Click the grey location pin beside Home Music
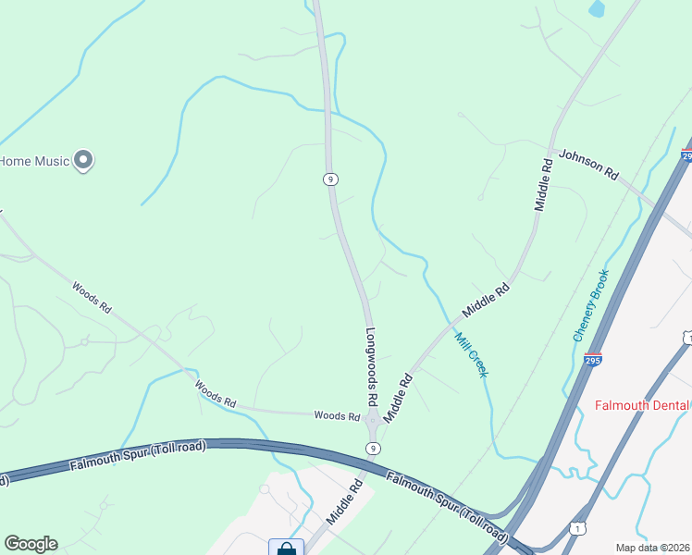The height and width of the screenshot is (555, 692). point(83,161)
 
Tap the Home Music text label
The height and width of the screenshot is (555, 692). point(35,161)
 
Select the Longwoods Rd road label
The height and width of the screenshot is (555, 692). point(371,367)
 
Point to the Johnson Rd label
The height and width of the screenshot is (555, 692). point(588,164)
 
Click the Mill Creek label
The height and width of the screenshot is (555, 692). point(471,355)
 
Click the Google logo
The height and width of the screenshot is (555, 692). point(31,544)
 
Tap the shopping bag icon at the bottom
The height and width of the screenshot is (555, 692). point(287,549)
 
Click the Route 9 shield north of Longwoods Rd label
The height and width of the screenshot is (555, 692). point(329,179)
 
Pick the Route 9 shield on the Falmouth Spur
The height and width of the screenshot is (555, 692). point(372,448)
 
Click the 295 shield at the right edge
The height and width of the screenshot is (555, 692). point(686,156)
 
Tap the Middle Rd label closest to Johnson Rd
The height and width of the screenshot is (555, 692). point(545,185)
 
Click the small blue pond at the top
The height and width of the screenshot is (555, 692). point(597,9)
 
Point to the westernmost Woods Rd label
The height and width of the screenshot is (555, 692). point(93,298)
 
